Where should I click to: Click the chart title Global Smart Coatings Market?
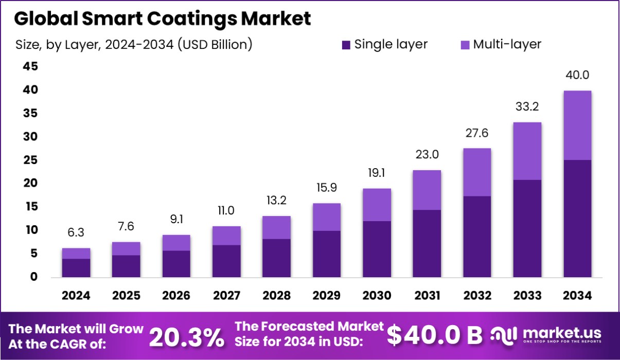(162, 19)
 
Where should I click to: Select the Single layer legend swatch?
(346, 45)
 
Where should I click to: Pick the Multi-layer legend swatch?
(464, 45)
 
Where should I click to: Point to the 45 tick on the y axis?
(30, 66)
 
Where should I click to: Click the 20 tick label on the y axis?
(30, 183)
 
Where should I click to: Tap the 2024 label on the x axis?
(76, 296)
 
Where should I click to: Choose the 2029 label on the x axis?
(327, 296)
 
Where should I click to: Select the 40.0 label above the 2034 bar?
(577, 75)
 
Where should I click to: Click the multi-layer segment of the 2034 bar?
(577, 125)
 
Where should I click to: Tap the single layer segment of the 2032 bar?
(477, 237)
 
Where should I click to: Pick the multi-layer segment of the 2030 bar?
(377, 205)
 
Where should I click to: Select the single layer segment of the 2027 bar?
(226, 261)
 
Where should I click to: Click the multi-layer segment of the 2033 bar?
(527, 151)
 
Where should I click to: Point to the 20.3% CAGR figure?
(186, 337)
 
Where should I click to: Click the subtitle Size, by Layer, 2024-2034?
(134, 45)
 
